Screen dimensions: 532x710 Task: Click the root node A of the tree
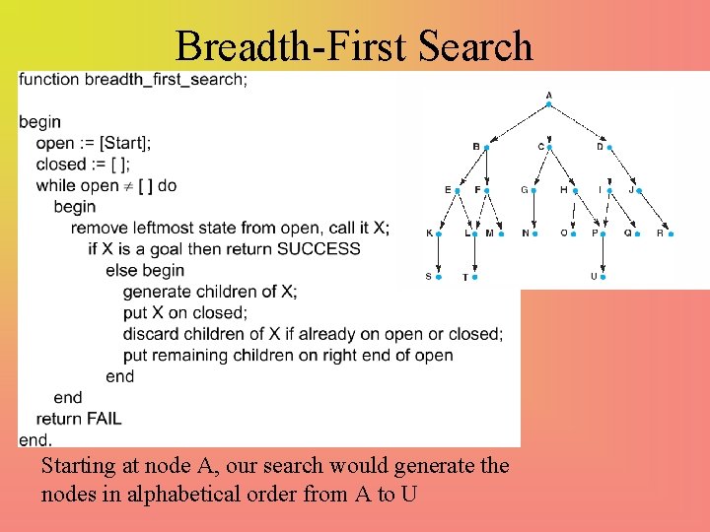coord(548,104)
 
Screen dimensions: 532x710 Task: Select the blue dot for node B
coord(487,148)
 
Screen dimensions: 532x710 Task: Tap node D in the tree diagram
coord(609,148)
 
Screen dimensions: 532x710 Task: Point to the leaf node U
coord(603,277)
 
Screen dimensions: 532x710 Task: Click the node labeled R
coord(671,234)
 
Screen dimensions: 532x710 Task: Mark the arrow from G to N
coord(533,212)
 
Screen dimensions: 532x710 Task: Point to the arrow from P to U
coord(603,256)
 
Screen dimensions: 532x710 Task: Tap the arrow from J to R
coord(655,213)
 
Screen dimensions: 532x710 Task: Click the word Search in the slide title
coord(474,46)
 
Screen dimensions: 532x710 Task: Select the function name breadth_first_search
coord(166,80)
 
